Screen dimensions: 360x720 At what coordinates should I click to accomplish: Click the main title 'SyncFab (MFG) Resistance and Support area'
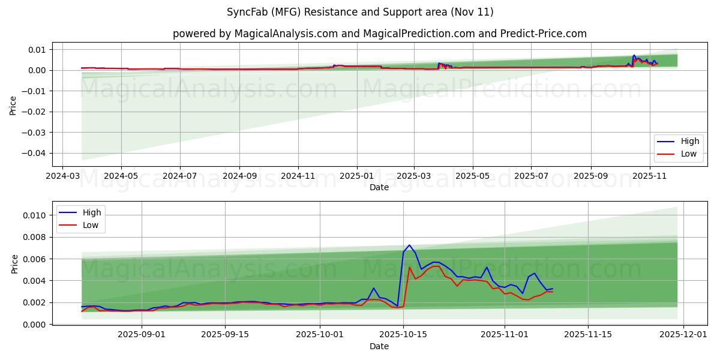[x=360, y=12]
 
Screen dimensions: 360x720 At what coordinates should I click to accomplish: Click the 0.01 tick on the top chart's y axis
[x=38, y=50]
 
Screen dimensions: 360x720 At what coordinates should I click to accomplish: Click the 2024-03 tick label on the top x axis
[x=63, y=177]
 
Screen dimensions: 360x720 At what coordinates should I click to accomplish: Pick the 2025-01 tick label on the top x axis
[x=357, y=177]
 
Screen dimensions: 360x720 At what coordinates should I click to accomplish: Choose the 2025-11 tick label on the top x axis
[x=649, y=177]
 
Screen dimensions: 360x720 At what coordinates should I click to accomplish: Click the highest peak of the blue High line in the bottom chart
[x=409, y=245]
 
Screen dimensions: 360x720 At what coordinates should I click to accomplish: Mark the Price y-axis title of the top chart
[x=13, y=105]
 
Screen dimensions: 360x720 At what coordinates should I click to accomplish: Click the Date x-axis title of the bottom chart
[x=379, y=346]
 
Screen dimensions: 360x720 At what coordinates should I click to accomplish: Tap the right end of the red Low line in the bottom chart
[x=552, y=292]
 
